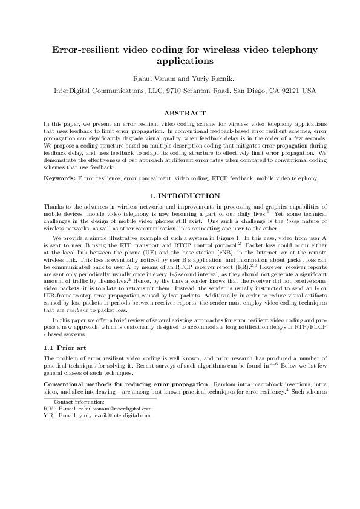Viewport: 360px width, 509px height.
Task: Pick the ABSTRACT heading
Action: pos(180,113)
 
